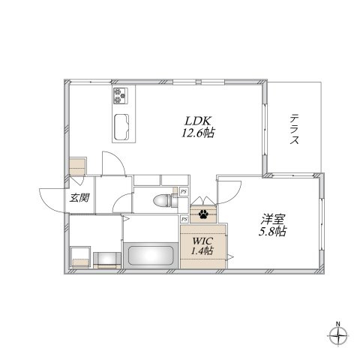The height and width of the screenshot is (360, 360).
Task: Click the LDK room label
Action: click(x=198, y=121)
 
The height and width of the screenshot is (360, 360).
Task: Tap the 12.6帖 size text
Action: click(x=198, y=133)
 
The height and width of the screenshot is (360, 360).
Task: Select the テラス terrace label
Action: click(x=295, y=129)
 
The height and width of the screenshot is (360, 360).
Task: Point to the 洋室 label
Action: click(x=272, y=219)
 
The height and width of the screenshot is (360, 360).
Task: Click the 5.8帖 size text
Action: click(x=272, y=232)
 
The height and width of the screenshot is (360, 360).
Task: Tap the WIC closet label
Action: click(x=202, y=241)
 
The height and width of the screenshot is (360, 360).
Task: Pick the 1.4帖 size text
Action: click(x=202, y=250)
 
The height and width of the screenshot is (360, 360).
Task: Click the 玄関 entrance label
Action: click(x=79, y=198)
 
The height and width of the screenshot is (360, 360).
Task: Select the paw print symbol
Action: click(x=203, y=214)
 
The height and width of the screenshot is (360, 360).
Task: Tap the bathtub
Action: click(x=151, y=256)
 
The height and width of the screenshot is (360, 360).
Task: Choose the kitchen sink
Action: click(x=121, y=127)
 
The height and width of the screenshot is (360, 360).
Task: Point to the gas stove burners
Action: click(x=121, y=96)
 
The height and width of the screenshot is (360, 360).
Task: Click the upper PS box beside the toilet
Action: click(x=184, y=192)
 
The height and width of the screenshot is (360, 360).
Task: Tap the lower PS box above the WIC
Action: click(x=184, y=219)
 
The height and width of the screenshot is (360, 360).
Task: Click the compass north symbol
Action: click(x=338, y=336)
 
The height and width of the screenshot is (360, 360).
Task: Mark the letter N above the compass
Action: click(x=338, y=324)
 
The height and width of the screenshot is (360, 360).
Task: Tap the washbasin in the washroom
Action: click(x=107, y=260)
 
